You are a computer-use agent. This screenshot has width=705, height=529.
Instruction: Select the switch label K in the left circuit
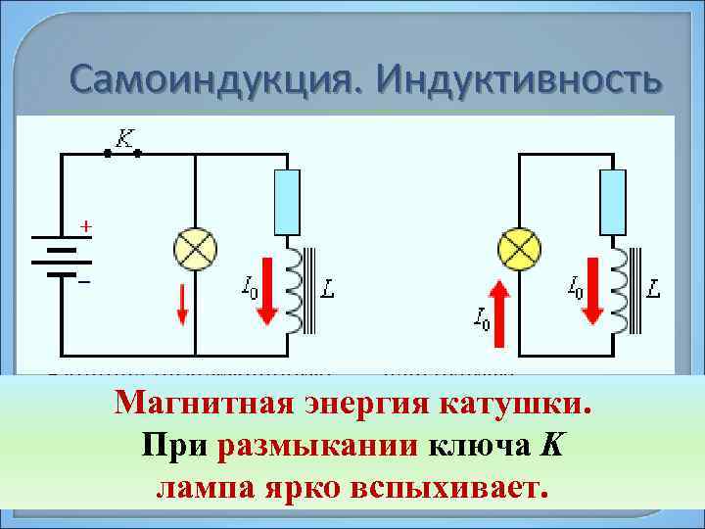(124, 139)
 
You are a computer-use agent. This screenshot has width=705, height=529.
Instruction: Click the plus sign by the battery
(86, 226)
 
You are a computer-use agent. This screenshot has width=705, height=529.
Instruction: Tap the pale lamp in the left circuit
(196, 250)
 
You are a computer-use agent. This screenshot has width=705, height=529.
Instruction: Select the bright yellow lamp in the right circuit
(519, 249)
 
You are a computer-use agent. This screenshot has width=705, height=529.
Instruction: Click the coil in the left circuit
(294, 290)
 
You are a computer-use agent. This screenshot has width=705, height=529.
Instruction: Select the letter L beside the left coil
(329, 289)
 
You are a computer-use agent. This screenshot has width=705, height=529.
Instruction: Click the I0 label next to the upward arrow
(480, 317)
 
